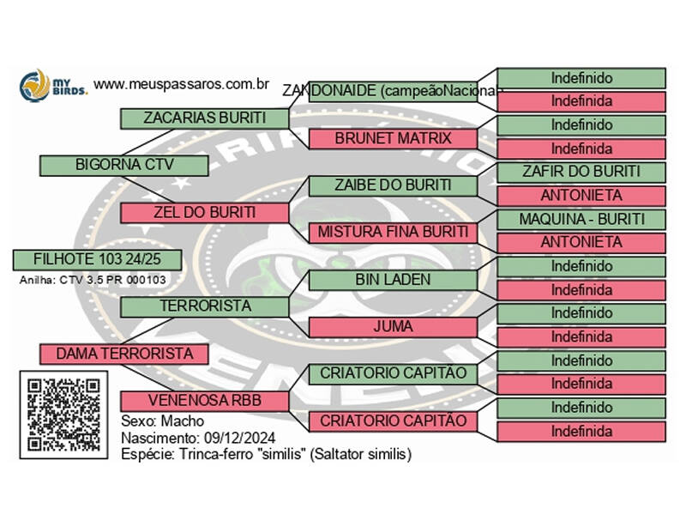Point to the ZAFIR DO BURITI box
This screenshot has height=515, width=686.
coord(581,172)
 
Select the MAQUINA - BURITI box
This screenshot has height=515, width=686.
coord(581,219)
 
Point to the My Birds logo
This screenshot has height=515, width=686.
coord(53,86)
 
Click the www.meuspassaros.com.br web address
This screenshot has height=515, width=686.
coord(182,85)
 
